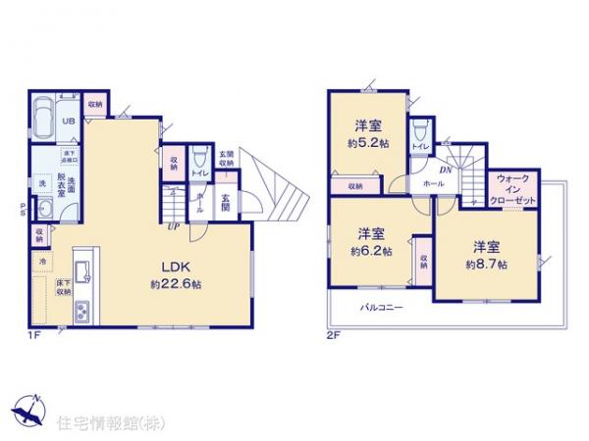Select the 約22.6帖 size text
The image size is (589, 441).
(x=177, y=284)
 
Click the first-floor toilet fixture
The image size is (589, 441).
(x=199, y=157)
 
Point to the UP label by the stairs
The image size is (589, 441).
(x=174, y=227)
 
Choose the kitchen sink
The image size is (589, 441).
(x=80, y=266)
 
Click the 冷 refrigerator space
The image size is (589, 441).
(x=43, y=262)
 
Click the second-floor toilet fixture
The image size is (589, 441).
(x=419, y=129)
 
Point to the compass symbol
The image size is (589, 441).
(x=29, y=413)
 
